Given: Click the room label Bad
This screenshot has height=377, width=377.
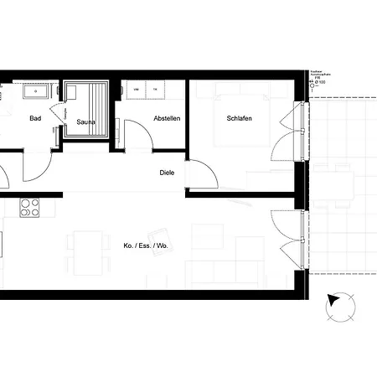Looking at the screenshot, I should point(35,119).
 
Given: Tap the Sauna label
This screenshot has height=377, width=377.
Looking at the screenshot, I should point(85,122).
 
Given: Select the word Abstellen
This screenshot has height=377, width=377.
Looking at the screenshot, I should point(166,119).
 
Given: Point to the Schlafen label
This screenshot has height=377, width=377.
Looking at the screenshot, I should point(240,119).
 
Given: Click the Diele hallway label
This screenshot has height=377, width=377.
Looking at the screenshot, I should point(168,173).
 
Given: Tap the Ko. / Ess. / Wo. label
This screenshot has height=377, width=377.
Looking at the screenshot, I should point(146,246).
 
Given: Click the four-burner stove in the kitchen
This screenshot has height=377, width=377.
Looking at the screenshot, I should point(30,207).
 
